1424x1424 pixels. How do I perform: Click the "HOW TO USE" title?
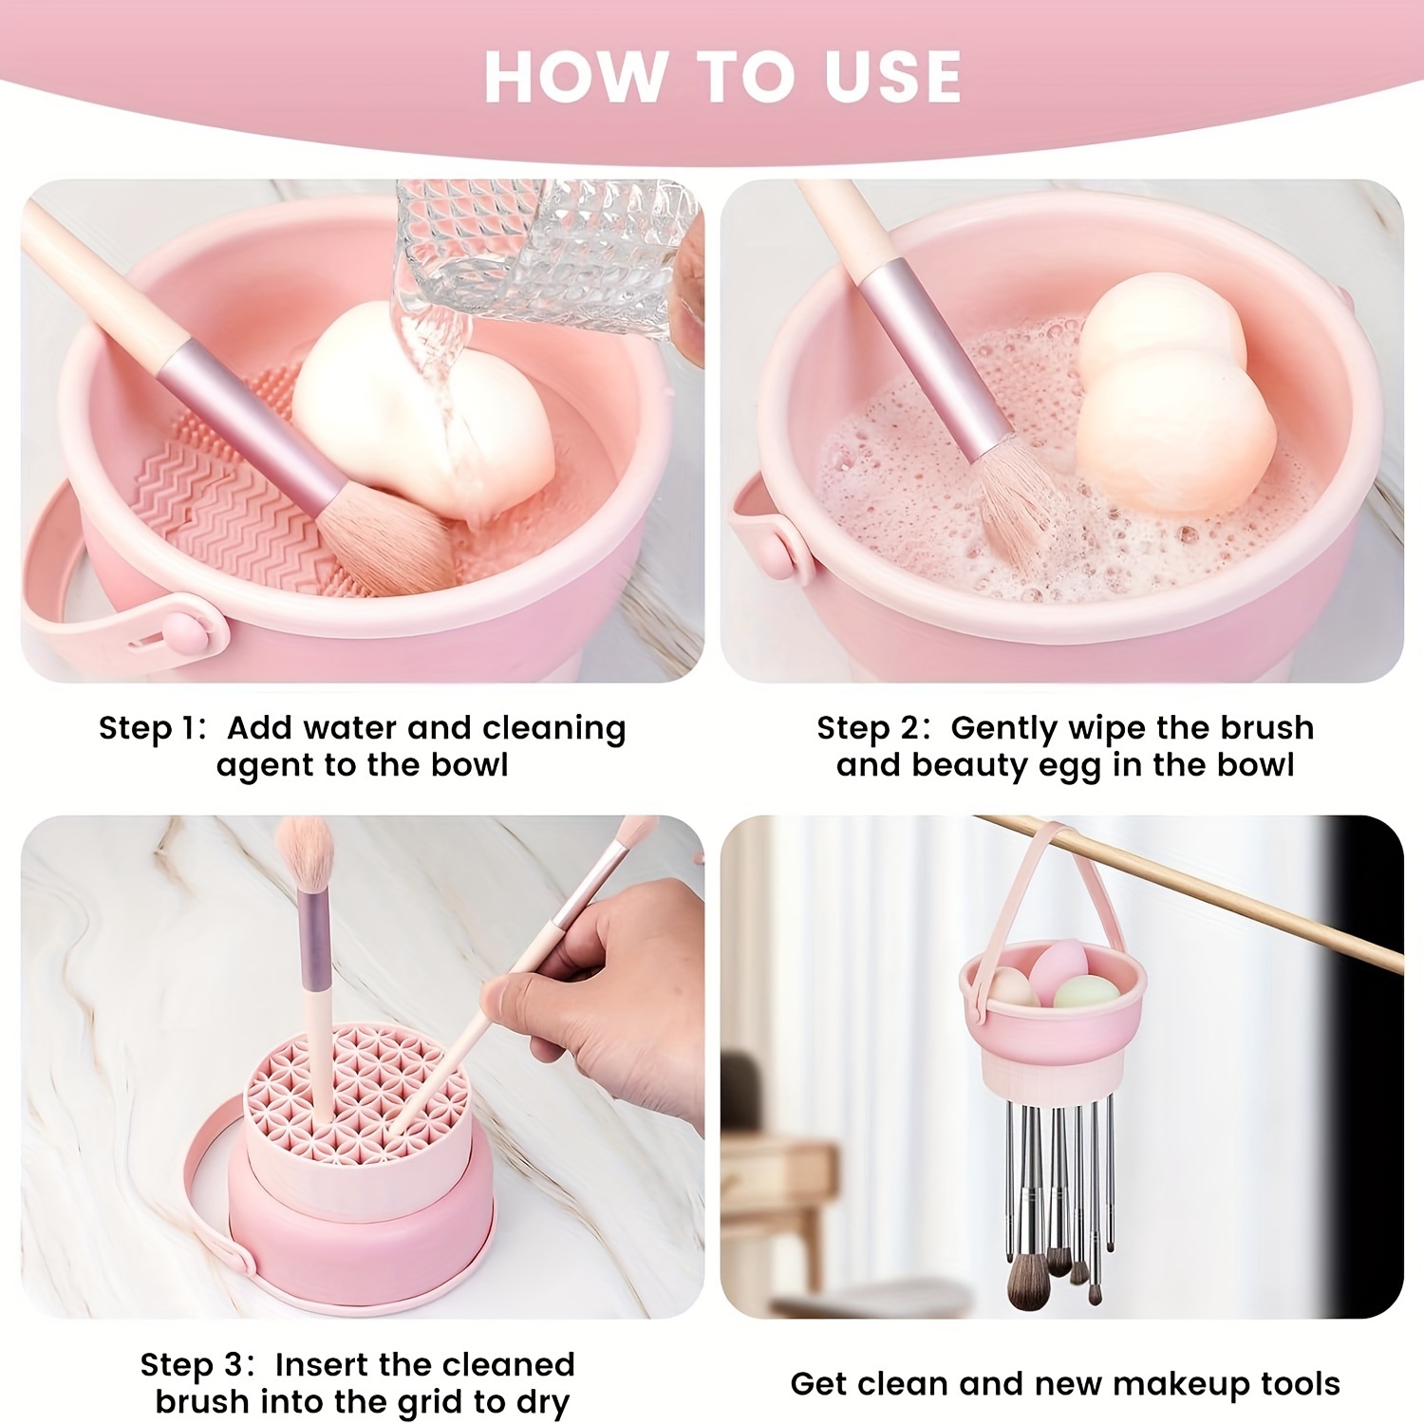[722, 77]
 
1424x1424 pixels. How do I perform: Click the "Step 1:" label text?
[152, 728]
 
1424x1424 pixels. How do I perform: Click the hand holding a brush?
[608, 997]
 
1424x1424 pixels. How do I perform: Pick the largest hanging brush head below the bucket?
[1028, 1277]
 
